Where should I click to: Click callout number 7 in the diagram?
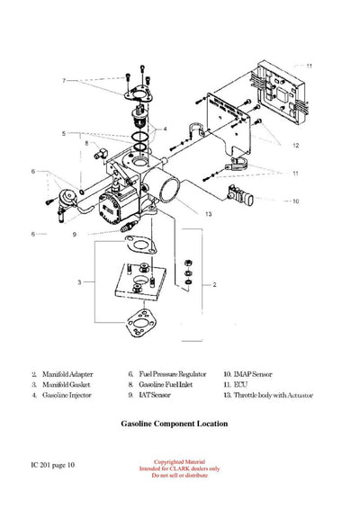pyautogui.click(x=64, y=81)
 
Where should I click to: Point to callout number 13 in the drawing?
pyautogui.click(x=208, y=214)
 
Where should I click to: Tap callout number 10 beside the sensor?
pyautogui.click(x=295, y=201)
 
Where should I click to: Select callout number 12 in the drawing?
pyautogui.click(x=295, y=145)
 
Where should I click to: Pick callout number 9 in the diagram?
pyautogui.click(x=75, y=235)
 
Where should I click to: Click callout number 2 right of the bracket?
pyautogui.click(x=214, y=283)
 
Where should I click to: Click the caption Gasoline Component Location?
pyautogui.click(x=174, y=423)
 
